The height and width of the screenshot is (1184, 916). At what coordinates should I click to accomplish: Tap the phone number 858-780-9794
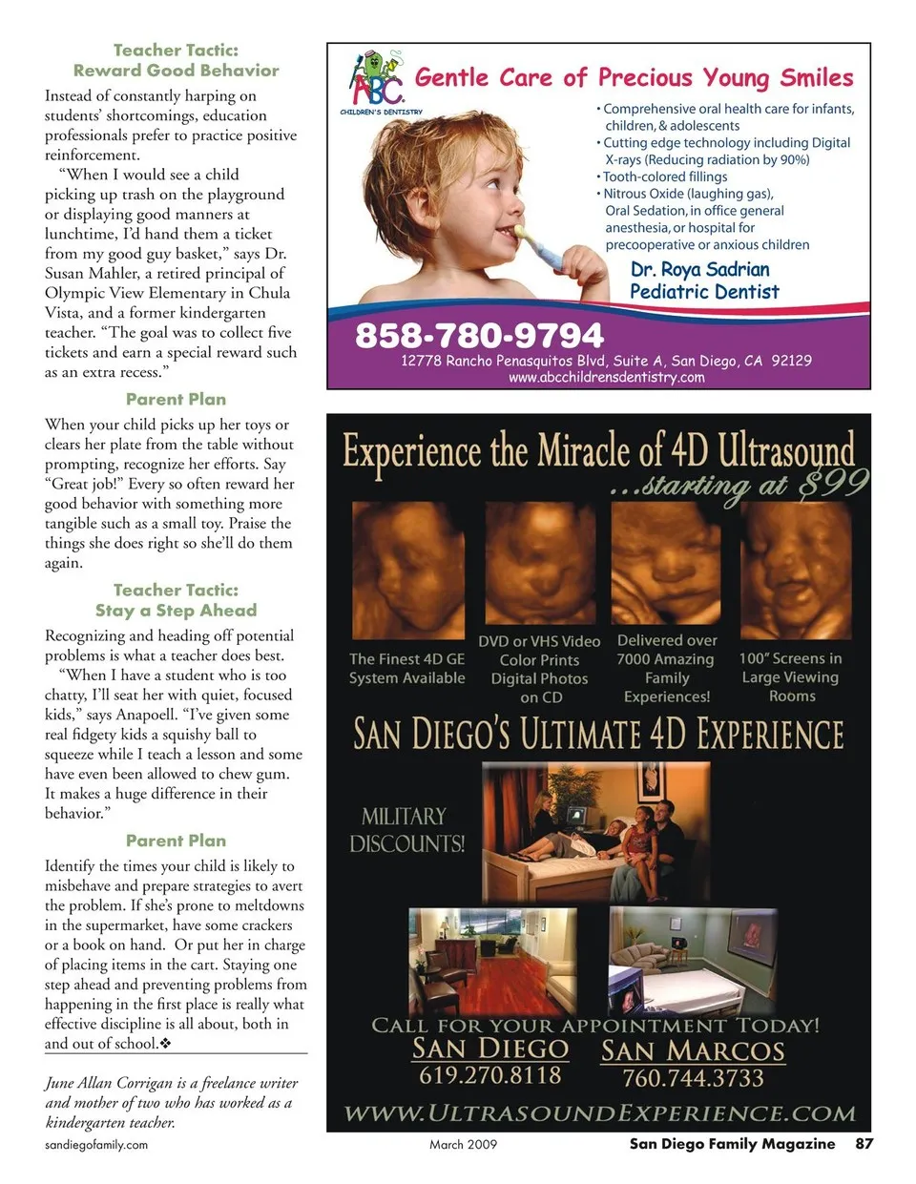coord(479,335)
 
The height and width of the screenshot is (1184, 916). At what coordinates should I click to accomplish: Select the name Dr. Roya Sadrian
coord(699,270)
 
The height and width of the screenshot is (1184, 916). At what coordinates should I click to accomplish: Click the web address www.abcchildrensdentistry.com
coord(606,377)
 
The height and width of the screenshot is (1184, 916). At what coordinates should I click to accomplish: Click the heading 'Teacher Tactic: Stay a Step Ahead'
coord(177,600)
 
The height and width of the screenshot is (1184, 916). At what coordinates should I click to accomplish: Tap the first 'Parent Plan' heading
coord(177,399)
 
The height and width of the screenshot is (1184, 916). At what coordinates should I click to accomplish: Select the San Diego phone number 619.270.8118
coord(489,1075)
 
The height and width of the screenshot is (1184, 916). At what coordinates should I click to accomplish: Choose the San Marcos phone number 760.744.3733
coord(693,1078)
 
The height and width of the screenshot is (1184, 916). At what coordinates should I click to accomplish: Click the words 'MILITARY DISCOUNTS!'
coord(406,829)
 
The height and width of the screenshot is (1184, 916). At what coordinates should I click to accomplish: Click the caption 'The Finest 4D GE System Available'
coord(407,668)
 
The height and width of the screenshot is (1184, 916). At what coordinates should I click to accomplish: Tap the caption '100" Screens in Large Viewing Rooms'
coord(791,676)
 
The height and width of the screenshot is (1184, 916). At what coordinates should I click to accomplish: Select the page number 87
coord(864,1143)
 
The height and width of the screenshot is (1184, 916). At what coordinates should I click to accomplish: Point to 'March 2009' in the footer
coord(463,1144)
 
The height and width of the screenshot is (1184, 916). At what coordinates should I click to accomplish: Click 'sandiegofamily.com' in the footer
coord(96,1144)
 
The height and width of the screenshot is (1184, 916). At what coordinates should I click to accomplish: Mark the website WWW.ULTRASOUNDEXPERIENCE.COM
coord(599,1113)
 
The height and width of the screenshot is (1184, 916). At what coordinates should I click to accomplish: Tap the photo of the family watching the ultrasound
coord(596,820)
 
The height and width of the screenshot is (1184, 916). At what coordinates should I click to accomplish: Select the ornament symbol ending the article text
coord(166,1044)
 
